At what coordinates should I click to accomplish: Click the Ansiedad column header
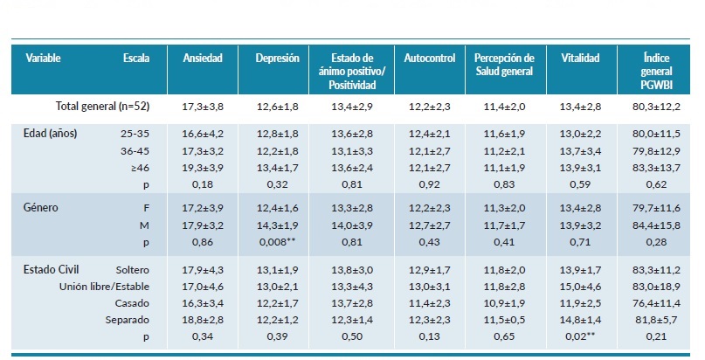coord(203,59)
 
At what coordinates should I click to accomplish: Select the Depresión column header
coord(277,59)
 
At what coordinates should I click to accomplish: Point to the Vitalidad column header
coord(580,59)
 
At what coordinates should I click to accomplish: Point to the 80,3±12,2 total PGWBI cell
coord(660,107)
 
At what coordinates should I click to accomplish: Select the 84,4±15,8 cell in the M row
coord(660,225)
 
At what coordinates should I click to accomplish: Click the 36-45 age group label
coord(134,150)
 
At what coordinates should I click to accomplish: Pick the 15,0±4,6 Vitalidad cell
coord(580,287)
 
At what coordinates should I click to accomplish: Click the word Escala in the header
coord(136,59)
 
